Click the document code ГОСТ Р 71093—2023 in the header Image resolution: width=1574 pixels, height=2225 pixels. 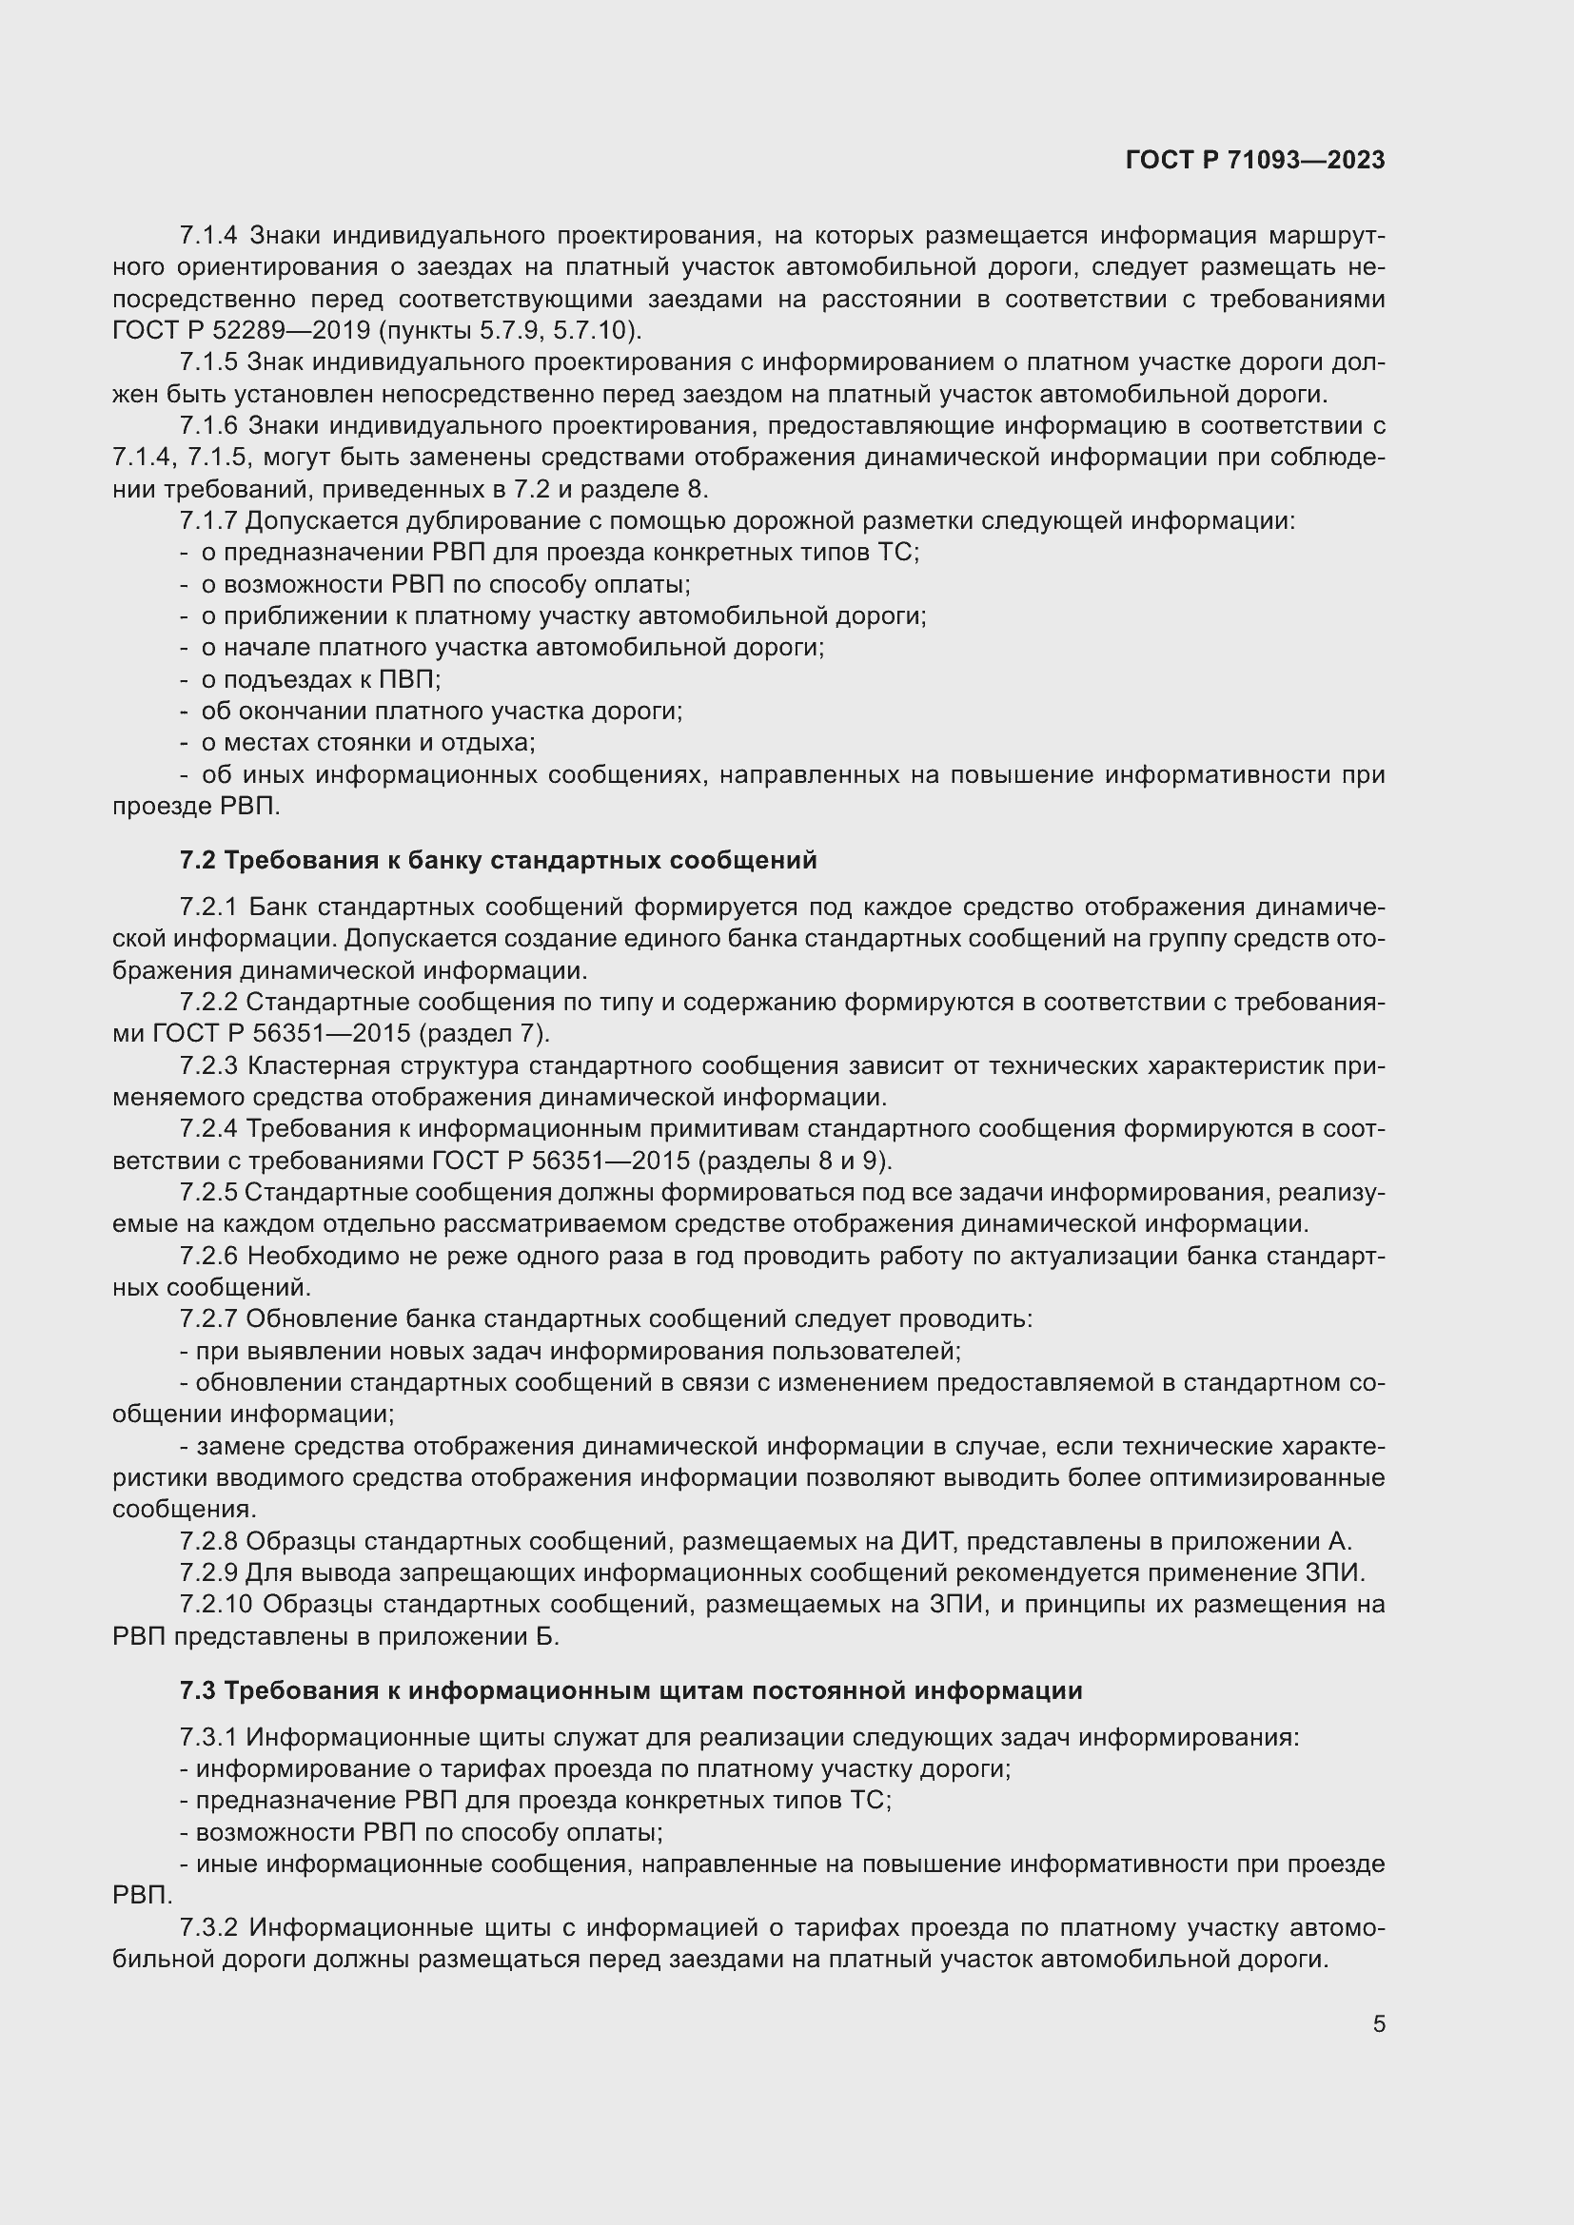click(1255, 160)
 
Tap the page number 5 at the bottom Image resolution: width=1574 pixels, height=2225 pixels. click(1378, 2023)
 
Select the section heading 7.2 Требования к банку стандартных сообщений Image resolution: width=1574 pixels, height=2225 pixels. click(498, 860)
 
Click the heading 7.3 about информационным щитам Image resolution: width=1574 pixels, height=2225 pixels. click(631, 1690)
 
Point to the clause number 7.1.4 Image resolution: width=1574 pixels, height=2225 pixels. click(208, 236)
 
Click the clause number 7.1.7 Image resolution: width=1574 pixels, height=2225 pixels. click(208, 521)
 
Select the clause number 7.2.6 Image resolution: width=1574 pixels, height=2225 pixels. click(208, 1256)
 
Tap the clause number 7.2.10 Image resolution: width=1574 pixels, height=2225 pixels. click(216, 1604)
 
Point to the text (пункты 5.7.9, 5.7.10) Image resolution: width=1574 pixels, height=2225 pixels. click(510, 330)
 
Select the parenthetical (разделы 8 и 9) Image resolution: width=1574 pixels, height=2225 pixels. click(795, 1160)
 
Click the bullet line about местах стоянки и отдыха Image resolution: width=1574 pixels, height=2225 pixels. click(367, 742)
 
